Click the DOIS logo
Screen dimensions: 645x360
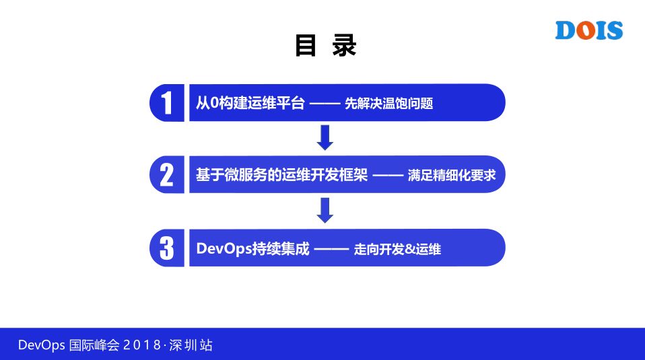[x=589, y=30]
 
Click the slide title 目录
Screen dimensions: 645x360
[x=325, y=46]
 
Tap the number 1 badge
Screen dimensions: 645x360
[x=166, y=103]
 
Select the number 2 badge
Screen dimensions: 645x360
[x=166, y=175]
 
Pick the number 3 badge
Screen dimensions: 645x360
[x=166, y=248]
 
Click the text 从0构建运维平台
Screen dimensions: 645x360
[x=250, y=103]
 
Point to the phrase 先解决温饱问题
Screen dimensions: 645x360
[x=388, y=104]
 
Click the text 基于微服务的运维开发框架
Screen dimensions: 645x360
[x=282, y=175]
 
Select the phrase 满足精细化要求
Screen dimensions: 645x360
[x=452, y=176]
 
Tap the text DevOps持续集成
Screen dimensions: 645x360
[x=253, y=248]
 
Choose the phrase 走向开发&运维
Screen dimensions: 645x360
[x=397, y=248]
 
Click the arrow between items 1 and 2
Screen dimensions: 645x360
[x=325, y=138]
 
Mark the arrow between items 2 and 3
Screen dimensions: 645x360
[x=325, y=210]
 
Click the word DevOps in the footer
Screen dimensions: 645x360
[x=42, y=346]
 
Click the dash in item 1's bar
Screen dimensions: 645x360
[x=326, y=104]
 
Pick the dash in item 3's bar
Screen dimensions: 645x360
[x=331, y=248]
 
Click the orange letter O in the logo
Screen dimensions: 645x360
[x=586, y=31]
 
